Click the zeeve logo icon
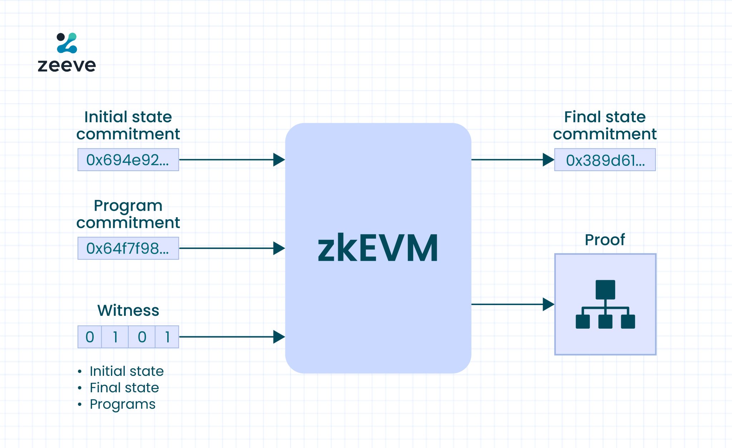coord(67,43)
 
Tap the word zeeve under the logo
coord(67,65)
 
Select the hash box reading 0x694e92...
coord(128,160)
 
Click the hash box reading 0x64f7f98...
coord(128,248)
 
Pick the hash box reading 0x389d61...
coord(605,160)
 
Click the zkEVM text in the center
coord(378,248)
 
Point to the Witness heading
coord(128,310)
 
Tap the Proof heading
coord(605,239)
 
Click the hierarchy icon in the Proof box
coord(605,304)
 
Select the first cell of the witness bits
coord(90,337)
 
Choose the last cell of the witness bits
coord(167,337)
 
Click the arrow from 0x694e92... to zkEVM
coord(232,160)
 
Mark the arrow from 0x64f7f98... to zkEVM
coord(232,248)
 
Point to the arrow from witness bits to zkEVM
coord(232,337)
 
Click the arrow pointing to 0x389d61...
coord(513,160)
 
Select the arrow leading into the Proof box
coord(513,304)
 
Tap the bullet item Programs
coord(123,404)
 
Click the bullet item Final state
coord(124,388)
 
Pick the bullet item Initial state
coord(127,371)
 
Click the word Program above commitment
coord(128,206)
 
